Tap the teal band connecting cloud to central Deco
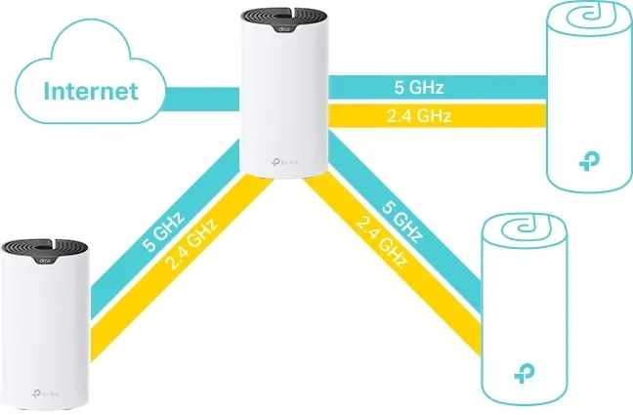point(201,95)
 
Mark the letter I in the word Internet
point(49,94)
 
